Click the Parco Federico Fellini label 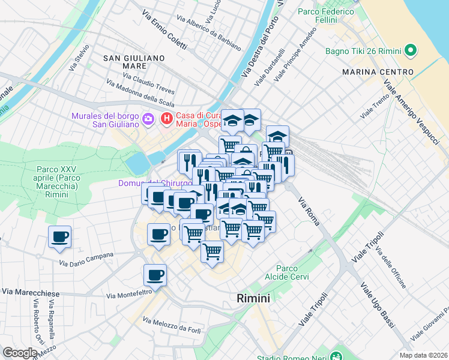[325, 18]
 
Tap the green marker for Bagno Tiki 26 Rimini [411, 50]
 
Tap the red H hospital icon [167, 119]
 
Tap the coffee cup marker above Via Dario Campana [60, 237]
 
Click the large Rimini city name [253, 298]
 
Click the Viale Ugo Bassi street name [378, 306]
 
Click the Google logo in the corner [20, 353]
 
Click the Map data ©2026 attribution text [424, 355]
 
